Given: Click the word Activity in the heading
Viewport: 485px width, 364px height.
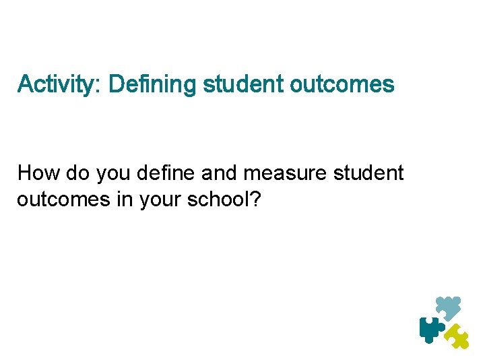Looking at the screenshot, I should (x=57, y=84).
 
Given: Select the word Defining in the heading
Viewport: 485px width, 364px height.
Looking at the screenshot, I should (x=152, y=84).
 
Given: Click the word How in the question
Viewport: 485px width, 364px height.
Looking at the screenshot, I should (x=39, y=173).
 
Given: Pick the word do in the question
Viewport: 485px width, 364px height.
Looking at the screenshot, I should (x=78, y=173).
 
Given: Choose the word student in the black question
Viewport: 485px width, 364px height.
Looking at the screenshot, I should (x=368, y=173).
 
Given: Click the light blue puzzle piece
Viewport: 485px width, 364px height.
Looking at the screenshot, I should (x=449, y=307).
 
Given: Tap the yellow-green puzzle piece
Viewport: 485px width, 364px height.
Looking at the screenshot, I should (x=458, y=335).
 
